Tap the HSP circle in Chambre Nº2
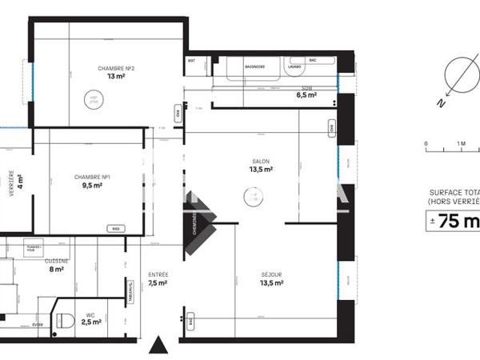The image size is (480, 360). [93, 99]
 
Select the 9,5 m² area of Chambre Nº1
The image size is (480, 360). [91, 186]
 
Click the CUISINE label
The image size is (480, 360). [56, 261]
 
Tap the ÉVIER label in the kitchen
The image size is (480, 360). [38, 324]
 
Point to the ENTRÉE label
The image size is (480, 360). [158, 274]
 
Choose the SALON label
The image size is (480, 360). [261, 161]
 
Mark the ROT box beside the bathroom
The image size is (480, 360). [192, 61]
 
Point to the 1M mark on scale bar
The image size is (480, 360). [462, 145]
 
